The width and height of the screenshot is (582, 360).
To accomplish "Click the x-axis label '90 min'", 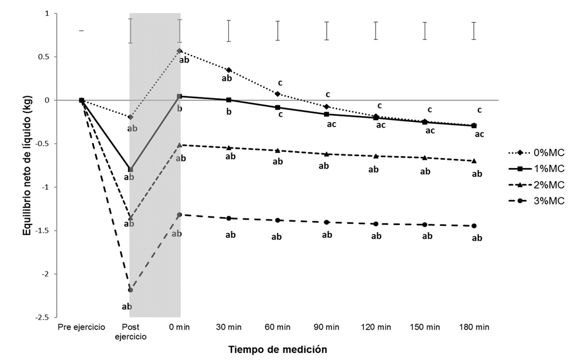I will tap(326, 326).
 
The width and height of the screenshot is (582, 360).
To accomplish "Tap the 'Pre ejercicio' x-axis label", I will tap(81, 326).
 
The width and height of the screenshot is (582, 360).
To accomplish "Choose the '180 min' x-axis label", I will tap(473, 326).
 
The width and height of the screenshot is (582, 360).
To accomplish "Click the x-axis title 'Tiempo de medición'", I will tap(277, 350).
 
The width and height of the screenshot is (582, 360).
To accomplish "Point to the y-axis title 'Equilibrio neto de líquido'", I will tap(26, 165).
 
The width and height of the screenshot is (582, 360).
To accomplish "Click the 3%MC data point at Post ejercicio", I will tap(130, 290).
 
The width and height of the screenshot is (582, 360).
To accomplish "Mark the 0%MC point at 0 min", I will tap(180, 51).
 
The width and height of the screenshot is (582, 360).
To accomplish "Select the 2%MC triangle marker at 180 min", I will tap(473, 161).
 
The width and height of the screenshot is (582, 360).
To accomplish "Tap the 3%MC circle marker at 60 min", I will tap(278, 220).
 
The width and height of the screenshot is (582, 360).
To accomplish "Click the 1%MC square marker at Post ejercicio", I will tap(130, 170).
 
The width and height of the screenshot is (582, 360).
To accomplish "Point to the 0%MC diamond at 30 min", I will tap(229, 70).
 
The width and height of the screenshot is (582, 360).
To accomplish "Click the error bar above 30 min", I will tap(229, 31).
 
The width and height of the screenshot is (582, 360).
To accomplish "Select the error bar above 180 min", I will tap(473, 31).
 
